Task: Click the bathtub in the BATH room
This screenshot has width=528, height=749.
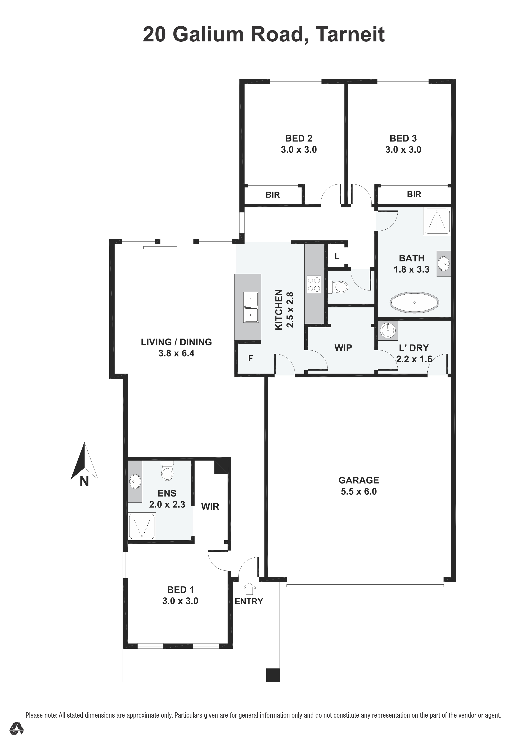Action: pos(414,302)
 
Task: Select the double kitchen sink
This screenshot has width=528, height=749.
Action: pos(251,307)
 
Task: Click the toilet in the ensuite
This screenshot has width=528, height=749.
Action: pos(167,471)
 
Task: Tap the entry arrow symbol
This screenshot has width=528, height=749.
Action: pos(249,588)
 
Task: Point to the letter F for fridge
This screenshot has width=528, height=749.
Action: pos(250,358)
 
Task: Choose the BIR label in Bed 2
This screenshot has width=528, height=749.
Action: pos(273,195)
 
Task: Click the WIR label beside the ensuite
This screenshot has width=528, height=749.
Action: pos(210,507)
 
